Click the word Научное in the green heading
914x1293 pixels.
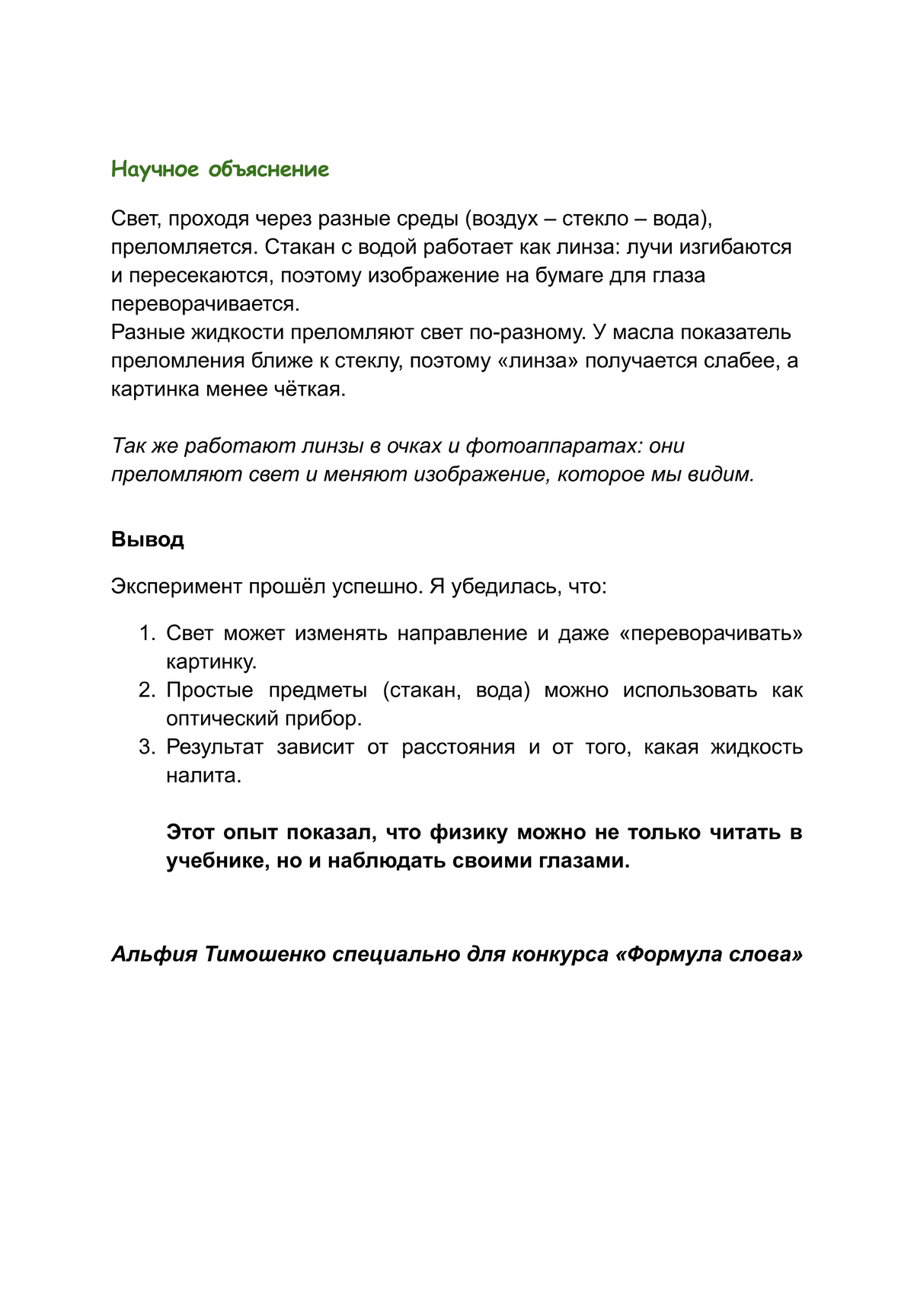click(x=155, y=169)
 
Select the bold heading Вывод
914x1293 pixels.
click(x=148, y=539)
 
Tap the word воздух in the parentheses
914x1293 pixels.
click(x=506, y=219)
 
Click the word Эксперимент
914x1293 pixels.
click(x=177, y=587)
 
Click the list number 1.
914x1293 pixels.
click(x=147, y=634)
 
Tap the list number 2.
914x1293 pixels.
click(x=147, y=690)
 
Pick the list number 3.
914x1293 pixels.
click(x=147, y=747)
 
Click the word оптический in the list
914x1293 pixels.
click(x=222, y=719)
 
